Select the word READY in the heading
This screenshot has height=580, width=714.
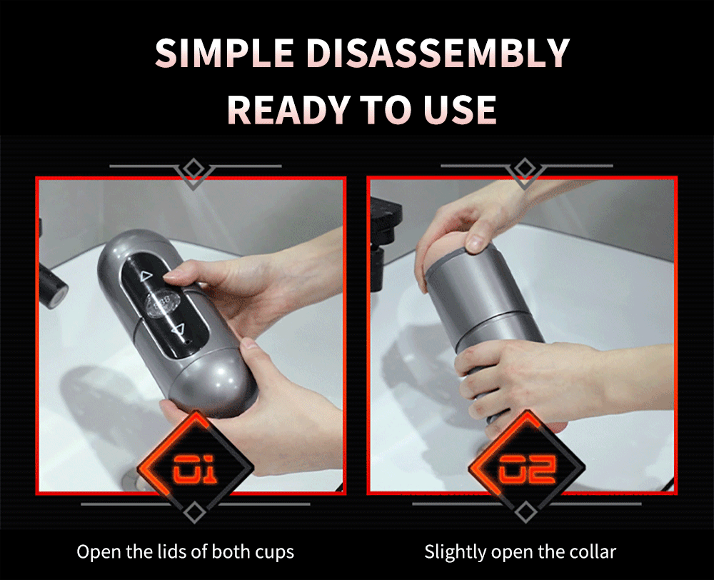[x=288, y=109]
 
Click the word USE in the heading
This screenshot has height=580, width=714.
[x=459, y=109]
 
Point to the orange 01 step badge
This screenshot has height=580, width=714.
[x=195, y=468]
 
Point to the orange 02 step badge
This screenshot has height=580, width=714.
[x=526, y=468]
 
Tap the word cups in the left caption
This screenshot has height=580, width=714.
[x=274, y=553]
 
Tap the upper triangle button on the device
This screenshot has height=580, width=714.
[x=146, y=275]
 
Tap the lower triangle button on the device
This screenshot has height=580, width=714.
[x=178, y=329]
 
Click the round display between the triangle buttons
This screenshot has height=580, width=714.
[x=162, y=302]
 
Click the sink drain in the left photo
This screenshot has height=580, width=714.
[x=136, y=481]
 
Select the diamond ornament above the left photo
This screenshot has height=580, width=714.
[x=194, y=169]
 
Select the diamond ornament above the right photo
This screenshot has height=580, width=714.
[x=525, y=169]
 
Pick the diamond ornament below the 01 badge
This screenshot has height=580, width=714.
[x=194, y=511]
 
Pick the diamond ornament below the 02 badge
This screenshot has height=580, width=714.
[x=525, y=511]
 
